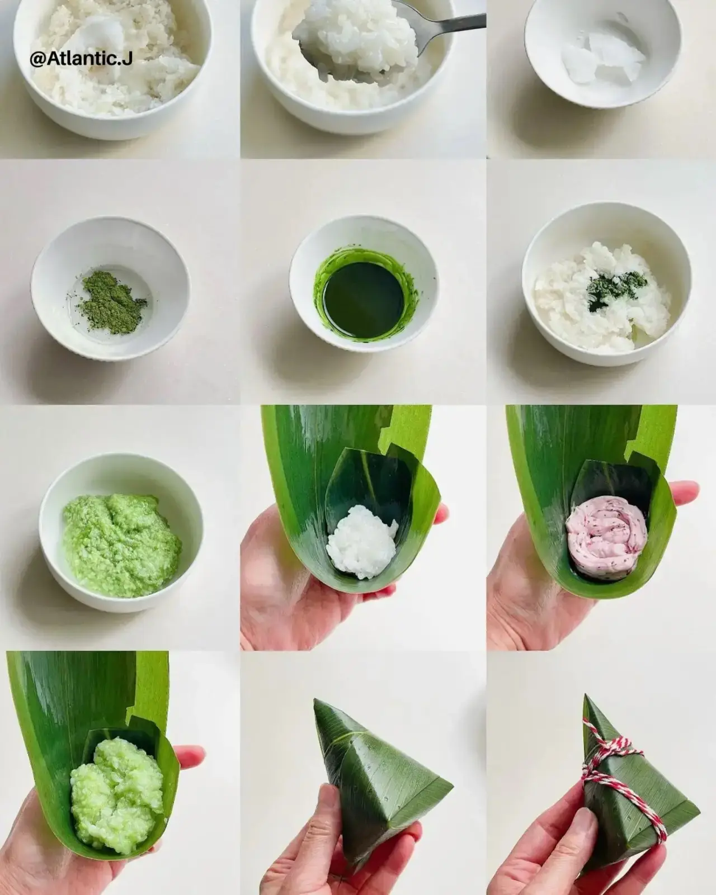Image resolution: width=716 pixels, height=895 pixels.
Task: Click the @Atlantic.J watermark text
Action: (x=81, y=59)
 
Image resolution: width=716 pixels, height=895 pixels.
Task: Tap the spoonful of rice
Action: (x=358, y=46)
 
